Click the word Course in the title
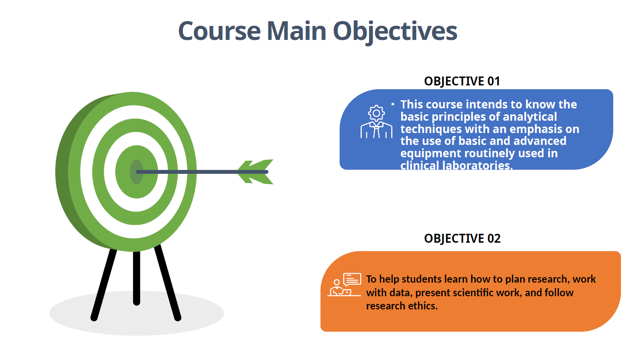pyautogui.click(x=219, y=31)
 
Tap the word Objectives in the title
pyautogui.click(x=395, y=32)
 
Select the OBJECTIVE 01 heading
pyautogui.click(x=462, y=81)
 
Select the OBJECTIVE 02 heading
pyautogui.click(x=462, y=238)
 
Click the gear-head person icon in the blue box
pyautogui.click(x=376, y=122)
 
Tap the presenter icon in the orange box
pyautogui.click(x=344, y=284)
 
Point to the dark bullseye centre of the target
pyautogui.click(x=137, y=172)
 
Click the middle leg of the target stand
pyautogui.click(x=137, y=278)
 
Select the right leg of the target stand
pyautogui.click(x=168, y=283)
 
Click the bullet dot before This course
pyautogui.click(x=393, y=105)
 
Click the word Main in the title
pyautogui.click(x=296, y=31)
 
